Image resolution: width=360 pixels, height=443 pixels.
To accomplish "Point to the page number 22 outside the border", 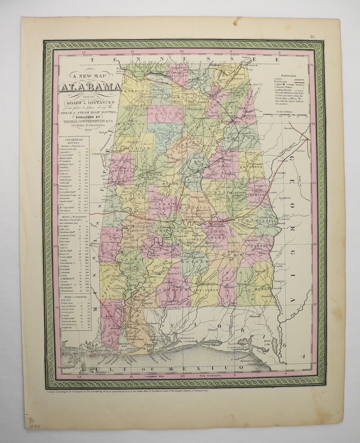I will pyautogui.click(x=312, y=37).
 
